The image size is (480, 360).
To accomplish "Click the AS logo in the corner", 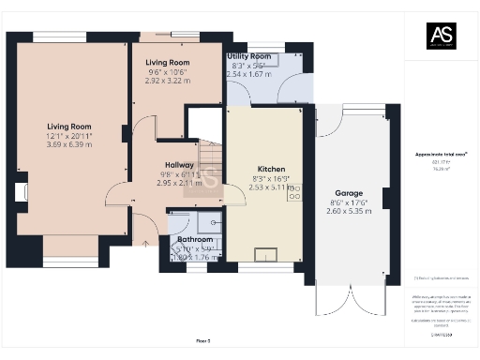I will (441, 37).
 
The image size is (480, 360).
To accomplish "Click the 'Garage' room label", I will (349, 193).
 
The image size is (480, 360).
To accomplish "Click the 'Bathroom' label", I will (195, 239).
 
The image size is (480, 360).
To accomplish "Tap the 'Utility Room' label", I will (249, 56).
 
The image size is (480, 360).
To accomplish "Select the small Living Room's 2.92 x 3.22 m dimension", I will (168, 82).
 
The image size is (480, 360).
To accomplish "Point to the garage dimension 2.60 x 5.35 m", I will (349, 211).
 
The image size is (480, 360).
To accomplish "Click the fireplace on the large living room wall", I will (20, 193).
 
